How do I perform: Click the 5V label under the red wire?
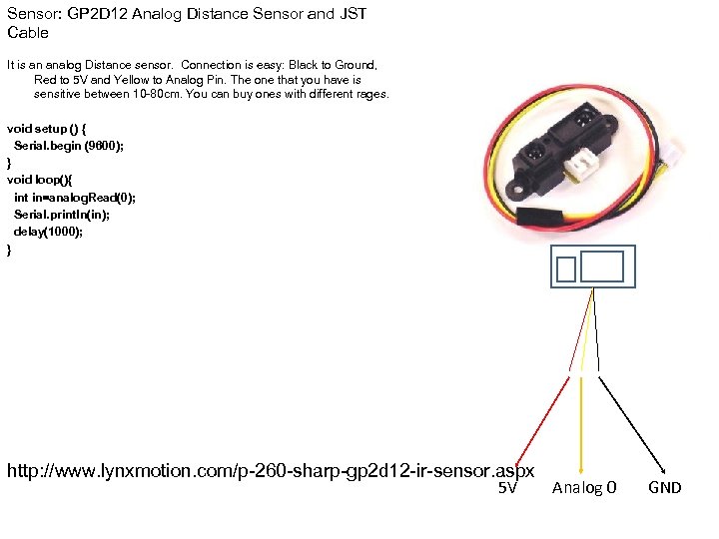point(507,488)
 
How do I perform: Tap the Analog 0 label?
point(584,488)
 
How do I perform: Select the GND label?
point(664,488)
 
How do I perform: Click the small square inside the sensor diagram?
point(567,269)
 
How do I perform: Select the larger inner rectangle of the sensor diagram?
point(601,267)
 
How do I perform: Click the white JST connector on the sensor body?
point(575,171)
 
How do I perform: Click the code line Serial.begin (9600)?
point(69,146)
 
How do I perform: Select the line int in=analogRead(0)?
point(75,198)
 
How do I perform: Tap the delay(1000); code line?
point(48,232)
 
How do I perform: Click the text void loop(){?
point(46,180)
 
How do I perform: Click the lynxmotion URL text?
point(271,470)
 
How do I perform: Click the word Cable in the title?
point(27,33)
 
